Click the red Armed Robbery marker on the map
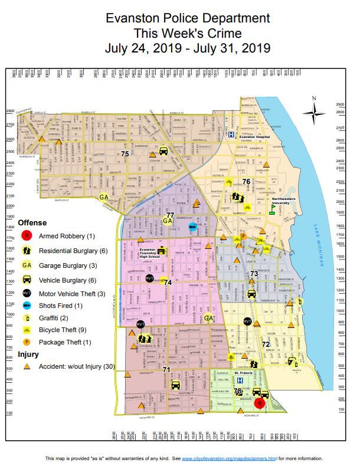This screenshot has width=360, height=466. click(258, 403)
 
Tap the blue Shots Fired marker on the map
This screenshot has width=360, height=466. click(192, 226)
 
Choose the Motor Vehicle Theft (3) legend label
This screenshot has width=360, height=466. click(72, 293)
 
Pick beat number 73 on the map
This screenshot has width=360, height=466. click(254, 274)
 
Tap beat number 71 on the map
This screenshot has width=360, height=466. click(167, 370)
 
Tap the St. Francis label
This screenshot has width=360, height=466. click(244, 373)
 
